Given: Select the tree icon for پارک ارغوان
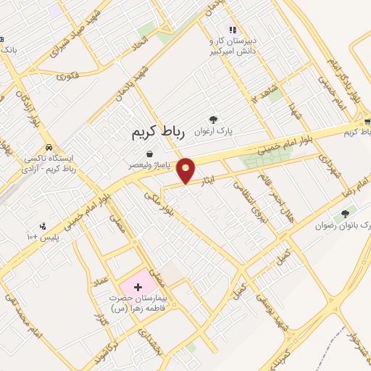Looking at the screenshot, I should [213, 120].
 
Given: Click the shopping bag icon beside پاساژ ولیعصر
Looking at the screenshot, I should [149, 154].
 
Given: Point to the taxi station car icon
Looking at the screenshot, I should [49, 146].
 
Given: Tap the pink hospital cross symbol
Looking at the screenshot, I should [138, 288].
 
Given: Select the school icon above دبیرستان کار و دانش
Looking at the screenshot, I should [233, 30].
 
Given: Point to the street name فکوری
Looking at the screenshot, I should [67, 74].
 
